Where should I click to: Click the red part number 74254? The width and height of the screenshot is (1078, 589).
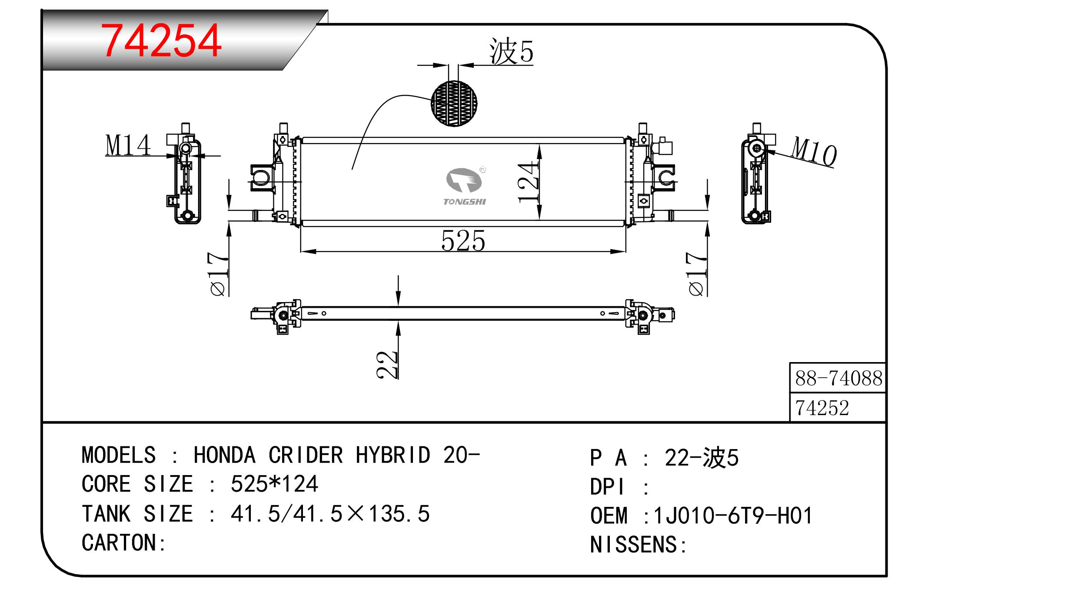pyautogui.click(x=161, y=41)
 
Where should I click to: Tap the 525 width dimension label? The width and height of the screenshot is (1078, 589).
pyautogui.click(x=463, y=241)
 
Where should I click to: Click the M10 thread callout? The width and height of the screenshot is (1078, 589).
pyautogui.click(x=813, y=151)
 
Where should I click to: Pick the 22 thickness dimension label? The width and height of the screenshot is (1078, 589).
pyautogui.click(x=387, y=364)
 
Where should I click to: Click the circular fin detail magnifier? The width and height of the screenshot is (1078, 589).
pyautogui.click(x=454, y=103)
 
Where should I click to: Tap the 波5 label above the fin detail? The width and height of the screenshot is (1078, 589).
pyautogui.click(x=511, y=51)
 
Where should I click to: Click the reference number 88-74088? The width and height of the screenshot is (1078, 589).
pyautogui.click(x=838, y=378)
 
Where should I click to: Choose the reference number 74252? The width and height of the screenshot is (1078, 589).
pyautogui.click(x=822, y=408)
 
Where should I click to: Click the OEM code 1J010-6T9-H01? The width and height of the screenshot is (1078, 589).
pyautogui.click(x=733, y=516)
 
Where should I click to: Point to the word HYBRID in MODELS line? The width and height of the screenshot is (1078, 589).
pyautogui.click(x=393, y=455)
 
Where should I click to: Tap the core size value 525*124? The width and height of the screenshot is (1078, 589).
pyautogui.click(x=274, y=484)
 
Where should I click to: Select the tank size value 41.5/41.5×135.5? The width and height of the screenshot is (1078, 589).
pyautogui.click(x=330, y=514)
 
